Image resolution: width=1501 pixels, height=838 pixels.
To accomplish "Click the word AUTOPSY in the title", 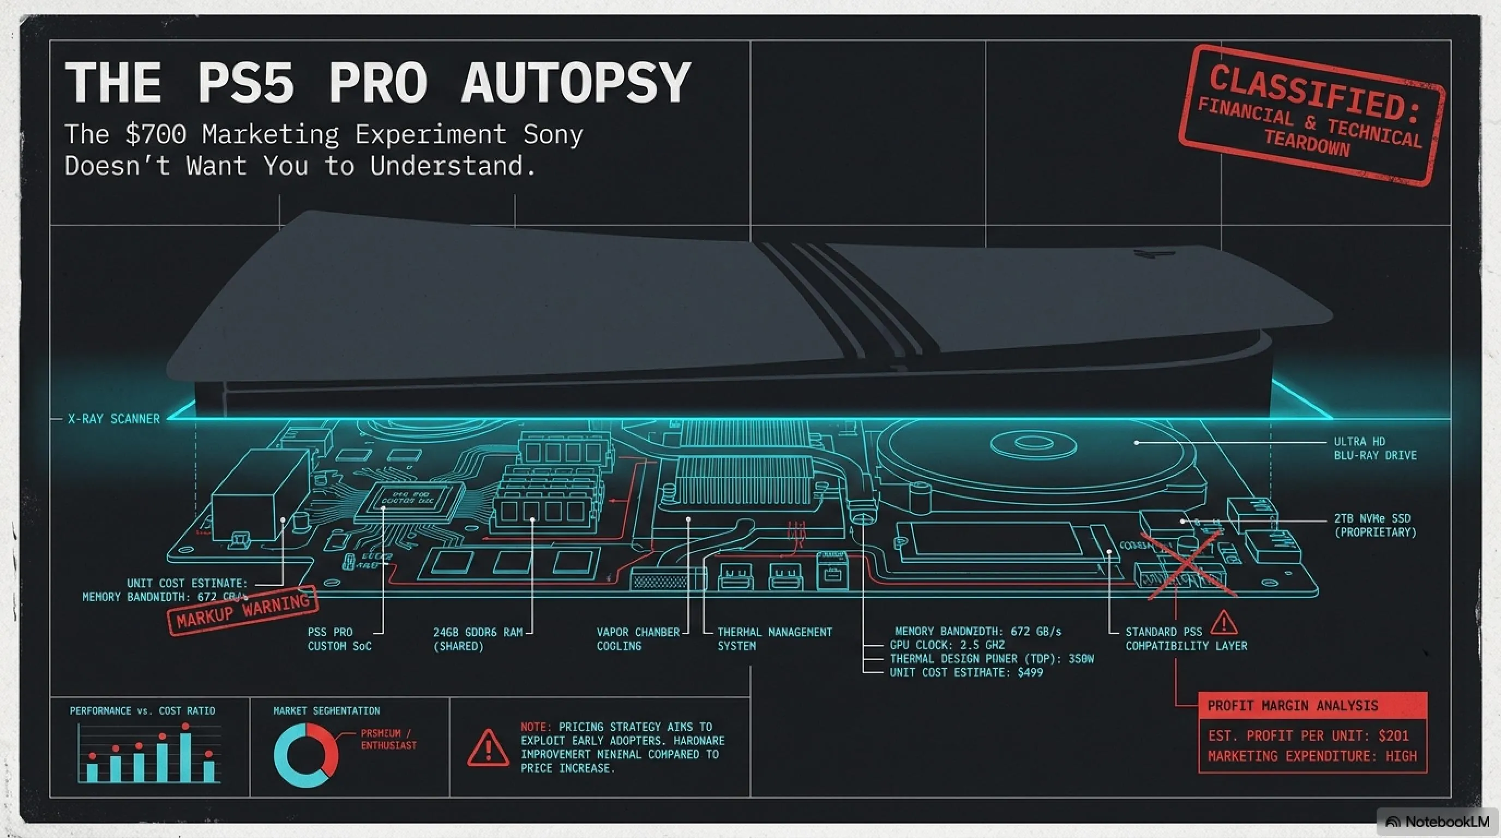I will tap(576, 83).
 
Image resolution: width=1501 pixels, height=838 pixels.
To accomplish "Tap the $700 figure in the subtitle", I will tap(155, 135).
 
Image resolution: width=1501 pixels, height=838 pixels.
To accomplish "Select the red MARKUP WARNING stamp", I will tap(242, 609).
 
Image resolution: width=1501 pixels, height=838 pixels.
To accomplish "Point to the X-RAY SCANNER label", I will tap(113, 419).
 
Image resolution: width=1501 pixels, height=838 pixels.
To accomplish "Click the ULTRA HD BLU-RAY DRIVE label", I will tap(1374, 448).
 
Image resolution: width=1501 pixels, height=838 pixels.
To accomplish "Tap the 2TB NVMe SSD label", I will tap(1374, 525).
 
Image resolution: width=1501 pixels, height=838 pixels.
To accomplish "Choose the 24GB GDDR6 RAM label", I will tap(478, 639).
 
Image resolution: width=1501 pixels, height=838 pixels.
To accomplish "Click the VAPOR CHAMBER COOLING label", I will tap(638, 639).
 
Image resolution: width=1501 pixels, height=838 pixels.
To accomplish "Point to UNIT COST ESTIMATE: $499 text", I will tap(966, 673).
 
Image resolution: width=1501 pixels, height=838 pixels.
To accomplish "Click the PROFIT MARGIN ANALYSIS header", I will tap(1293, 706).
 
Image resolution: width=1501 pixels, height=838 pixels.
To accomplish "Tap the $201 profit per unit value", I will tap(1393, 735).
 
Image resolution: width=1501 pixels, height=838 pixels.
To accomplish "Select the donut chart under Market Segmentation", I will tap(305, 755).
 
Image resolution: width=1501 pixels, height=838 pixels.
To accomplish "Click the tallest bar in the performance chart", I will tap(185, 756).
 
